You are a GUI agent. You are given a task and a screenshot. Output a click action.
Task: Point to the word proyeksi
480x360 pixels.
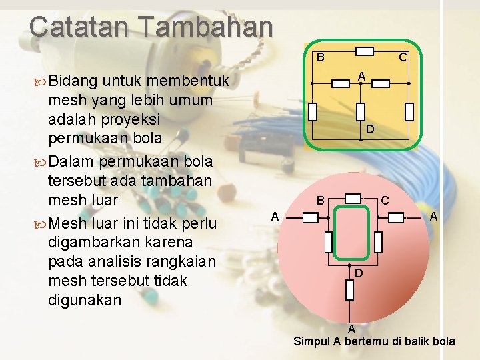(150, 119)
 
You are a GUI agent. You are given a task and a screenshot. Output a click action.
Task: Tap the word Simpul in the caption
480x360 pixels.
(313, 341)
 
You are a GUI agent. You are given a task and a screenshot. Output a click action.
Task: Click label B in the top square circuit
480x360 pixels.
(320, 57)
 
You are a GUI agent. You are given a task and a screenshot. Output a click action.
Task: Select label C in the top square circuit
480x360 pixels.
(403, 58)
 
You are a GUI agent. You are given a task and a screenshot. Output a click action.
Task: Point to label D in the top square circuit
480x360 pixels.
(369, 129)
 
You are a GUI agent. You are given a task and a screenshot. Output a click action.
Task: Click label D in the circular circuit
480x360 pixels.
(359, 273)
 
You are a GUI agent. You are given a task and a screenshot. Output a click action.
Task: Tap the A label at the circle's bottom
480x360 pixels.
(351, 329)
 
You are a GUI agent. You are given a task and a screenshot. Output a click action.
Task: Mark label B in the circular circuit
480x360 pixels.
(320, 200)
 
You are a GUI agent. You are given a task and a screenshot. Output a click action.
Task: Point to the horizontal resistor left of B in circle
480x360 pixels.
(311, 217)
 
